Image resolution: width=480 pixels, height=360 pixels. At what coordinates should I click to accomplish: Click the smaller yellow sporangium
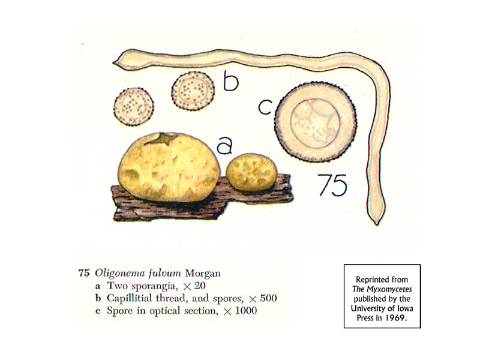pyautogui.click(x=252, y=173)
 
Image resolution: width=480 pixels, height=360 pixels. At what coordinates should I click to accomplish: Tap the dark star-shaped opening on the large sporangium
pyautogui.click(x=159, y=140)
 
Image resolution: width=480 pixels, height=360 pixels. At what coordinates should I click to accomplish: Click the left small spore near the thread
pyautogui.click(x=134, y=106)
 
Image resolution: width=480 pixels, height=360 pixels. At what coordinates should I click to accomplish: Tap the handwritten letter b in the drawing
pyautogui.click(x=229, y=80)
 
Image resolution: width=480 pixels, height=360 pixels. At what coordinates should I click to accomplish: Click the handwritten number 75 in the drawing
pyautogui.click(x=332, y=185)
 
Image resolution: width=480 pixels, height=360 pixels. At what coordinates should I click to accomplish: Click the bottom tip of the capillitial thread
pyautogui.click(x=377, y=221)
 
